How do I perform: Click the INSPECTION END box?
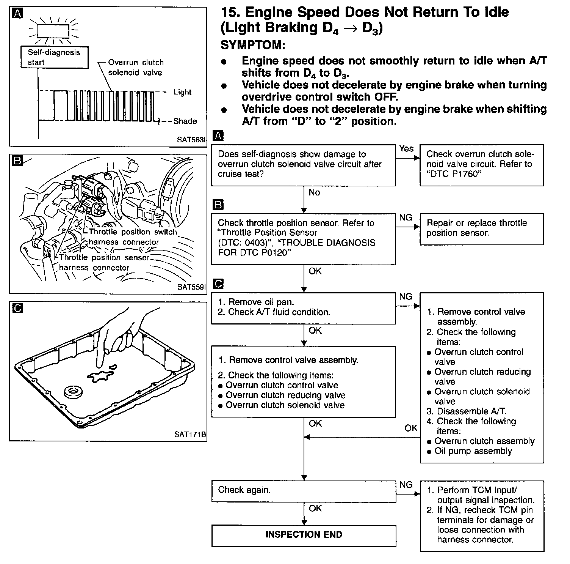pos(304,535)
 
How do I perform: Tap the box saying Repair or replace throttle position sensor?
pos(481,228)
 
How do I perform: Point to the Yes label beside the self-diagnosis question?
pos(406,149)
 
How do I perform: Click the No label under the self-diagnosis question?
pos(314,193)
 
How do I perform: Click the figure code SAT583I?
pos(191,140)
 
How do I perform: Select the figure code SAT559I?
pos(191,287)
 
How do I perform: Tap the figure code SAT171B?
pos(190,434)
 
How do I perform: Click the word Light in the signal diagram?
pos(182,92)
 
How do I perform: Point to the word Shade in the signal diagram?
pos(185,121)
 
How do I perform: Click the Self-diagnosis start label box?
pos(54,57)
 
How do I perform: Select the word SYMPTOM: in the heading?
pos(253,45)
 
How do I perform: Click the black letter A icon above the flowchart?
pos(219,136)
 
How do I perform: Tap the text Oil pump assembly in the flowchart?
pos(473,451)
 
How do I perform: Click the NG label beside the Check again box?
pos(406,485)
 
